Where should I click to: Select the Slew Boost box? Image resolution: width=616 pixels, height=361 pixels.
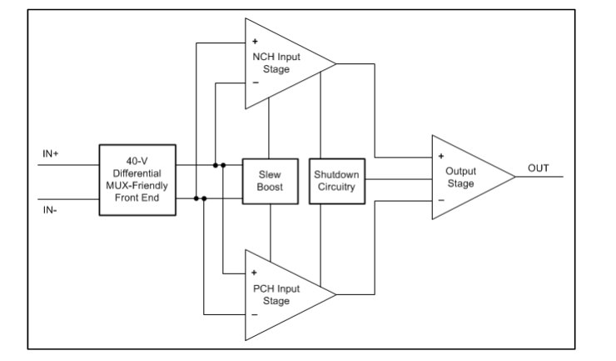[269, 181]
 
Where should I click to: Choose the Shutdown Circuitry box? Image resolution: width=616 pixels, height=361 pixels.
[337, 181]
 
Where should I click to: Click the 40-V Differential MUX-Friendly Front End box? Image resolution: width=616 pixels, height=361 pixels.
[137, 180]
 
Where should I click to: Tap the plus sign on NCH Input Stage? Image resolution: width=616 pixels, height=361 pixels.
[254, 41]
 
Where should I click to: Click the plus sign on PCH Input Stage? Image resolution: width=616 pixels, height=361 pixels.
[254, 273]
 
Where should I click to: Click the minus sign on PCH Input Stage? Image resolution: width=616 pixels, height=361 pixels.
[254, 315]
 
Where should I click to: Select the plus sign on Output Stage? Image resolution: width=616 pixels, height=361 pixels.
[441, 156]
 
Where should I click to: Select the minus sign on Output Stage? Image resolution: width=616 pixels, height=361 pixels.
[441, 200]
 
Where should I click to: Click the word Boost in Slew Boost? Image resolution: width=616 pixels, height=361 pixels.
[269, 188]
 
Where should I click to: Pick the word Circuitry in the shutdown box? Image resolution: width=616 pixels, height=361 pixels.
[337, 188]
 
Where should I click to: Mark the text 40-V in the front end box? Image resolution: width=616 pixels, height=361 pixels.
[137, 159]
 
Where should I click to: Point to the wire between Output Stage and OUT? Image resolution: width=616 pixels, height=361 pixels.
[542, 178]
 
